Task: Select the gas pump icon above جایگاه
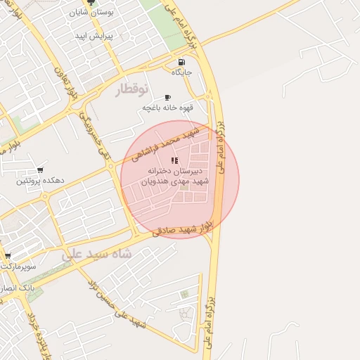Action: [x=182, y=62]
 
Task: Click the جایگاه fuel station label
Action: [x=182, y=72]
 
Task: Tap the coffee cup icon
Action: [x=167, y=97]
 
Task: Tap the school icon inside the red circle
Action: [x=174, y=160]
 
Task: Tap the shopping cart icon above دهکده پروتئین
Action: [x=40, y=170]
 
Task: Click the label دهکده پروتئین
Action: [x=40, y=181]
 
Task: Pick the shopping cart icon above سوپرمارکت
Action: [x=7, y=256]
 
